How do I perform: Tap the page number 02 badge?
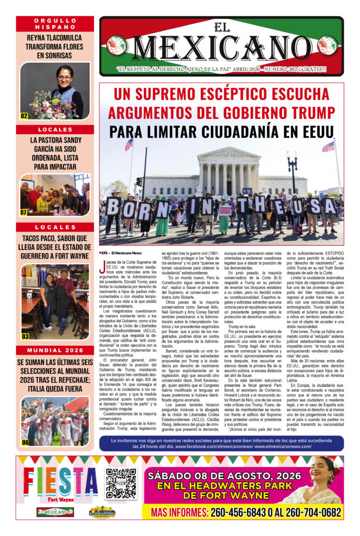[24, 116]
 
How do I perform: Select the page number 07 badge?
[24, 213]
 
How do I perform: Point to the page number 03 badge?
[25, 337]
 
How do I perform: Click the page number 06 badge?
[25, 442]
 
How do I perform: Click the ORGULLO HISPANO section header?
[55, 24]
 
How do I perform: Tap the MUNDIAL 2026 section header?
[55, 350]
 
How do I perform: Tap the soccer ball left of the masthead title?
[116, 46]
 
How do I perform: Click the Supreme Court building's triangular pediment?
[228, 153]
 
